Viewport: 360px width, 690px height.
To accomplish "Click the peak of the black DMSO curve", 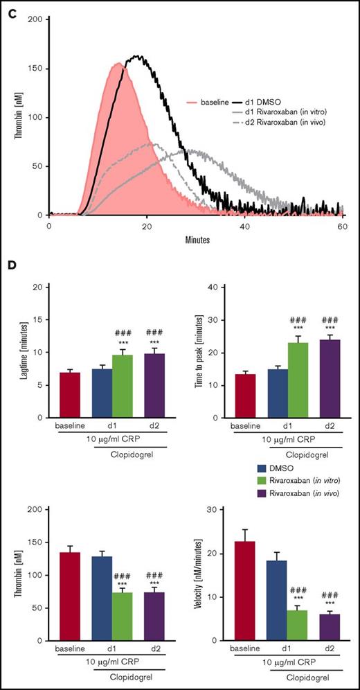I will point(137,57).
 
